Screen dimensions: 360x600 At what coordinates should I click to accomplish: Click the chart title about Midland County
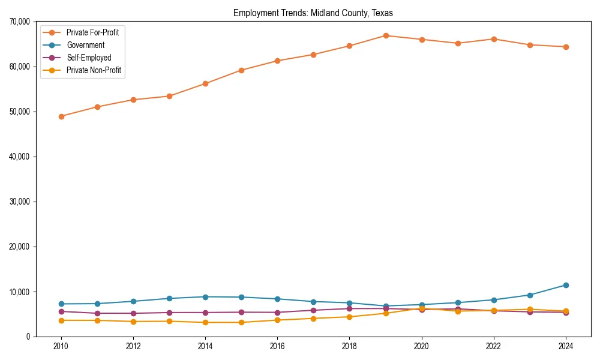(x=313, y=13)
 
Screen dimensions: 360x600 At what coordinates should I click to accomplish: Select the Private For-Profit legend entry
(x=92, y=32)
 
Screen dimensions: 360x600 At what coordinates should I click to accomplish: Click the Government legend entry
(x=85, y=45)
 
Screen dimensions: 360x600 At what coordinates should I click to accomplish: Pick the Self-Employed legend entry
(x=89, y=58)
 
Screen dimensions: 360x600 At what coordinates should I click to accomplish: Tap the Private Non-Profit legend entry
(x=94, y=71)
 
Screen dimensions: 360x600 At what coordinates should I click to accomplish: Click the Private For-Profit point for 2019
(x=386, y=35)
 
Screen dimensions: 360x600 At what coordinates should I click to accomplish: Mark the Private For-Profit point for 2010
(x=61, y=116)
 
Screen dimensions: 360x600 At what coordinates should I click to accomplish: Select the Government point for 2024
(x=566, y=285)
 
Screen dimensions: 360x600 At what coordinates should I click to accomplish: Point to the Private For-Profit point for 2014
(x=205, y=83)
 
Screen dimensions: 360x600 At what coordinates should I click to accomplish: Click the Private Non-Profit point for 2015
(x=241, y=322)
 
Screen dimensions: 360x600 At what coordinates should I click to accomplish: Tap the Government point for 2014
(x=205, y=297)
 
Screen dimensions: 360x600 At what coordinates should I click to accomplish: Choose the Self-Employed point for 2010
(x=61, y=311)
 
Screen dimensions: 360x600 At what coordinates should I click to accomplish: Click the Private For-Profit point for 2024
(x=566, y=47)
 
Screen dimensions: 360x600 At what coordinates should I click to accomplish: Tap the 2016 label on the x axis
(x=277, y=346)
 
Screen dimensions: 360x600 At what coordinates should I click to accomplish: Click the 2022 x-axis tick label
(x=494, y=346)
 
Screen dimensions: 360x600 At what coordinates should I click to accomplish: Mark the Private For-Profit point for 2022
(x=494, y=39)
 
